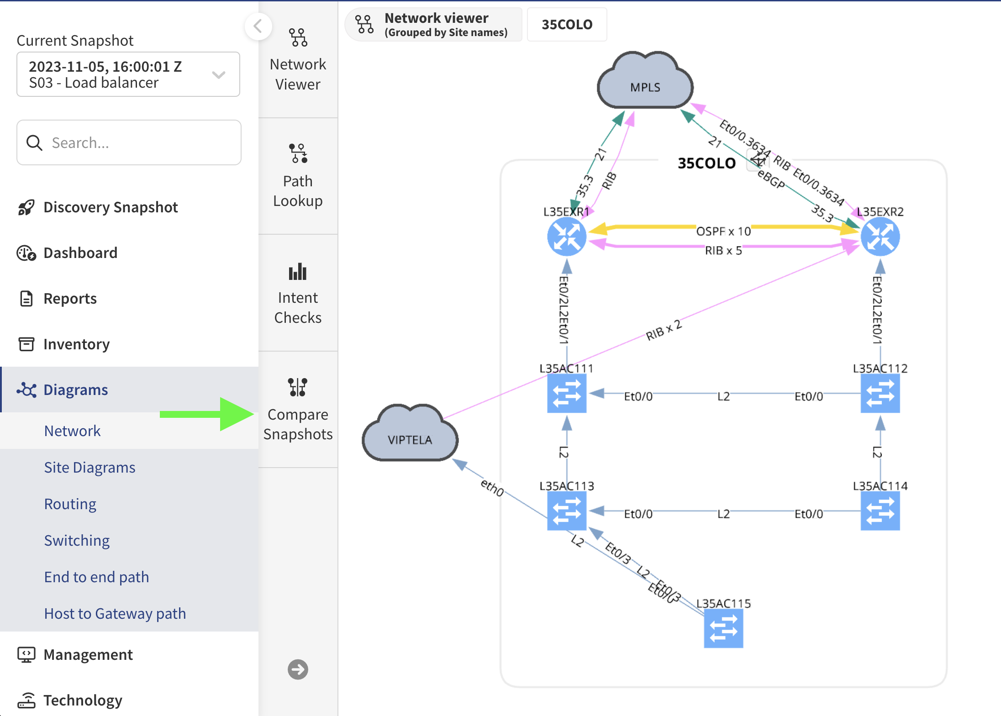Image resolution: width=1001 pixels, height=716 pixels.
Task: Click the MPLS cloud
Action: click(645, 83)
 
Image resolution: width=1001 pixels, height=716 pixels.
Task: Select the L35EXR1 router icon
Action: click(567, 237)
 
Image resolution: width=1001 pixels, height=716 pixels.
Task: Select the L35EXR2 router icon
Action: click(880, 237)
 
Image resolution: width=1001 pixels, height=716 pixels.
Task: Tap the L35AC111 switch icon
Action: click(567, 393)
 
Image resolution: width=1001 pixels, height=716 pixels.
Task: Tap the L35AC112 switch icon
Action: click(880, 393)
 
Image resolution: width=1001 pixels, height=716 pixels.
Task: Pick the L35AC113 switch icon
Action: click(567, 511)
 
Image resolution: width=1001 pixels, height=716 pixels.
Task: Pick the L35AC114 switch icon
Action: click(880, 511)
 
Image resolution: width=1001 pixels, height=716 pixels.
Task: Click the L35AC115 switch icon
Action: click(723, 628)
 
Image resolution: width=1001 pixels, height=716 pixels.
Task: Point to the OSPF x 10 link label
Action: click(723, 232)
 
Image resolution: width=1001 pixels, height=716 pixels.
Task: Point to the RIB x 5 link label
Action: click(723, 251)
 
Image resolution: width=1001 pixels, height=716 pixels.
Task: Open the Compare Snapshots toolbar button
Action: click(298, 409)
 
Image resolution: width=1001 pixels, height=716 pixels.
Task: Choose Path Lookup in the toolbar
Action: click(298, 176)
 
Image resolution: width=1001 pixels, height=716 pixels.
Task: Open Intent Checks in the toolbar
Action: click(298, 293)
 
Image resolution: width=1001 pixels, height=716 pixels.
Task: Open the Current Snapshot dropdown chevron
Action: click(219, 74)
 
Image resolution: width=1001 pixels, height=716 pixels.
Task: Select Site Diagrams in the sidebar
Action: click(90, 467)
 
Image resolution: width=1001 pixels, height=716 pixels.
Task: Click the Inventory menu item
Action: click(76, 344)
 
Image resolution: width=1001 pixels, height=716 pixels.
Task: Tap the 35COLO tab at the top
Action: click(567, 24)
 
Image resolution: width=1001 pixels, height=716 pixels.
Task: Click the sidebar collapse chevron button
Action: click(258, 26)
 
